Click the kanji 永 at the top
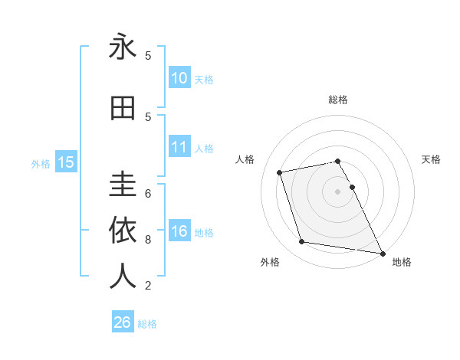click(x=123, y=47)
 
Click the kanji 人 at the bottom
click(x=123, y=276)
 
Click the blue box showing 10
click(x=179, y=78)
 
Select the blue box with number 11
click(x=179, y=148)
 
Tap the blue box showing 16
click(x=179, y=232)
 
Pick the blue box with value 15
click(x=65, y=162)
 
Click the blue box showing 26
click(x=122, y=322)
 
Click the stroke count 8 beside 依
click(x=148, y=240)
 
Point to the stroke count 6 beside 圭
click(x=148, y=193)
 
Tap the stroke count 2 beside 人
click(x=148, y=286)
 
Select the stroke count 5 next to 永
click(x=148, y=55)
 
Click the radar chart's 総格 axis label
click(x=338, y=100)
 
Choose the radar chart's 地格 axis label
click(x=402, y=262)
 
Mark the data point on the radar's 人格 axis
click(x=280, y=172)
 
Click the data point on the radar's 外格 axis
click(x=302, y=242)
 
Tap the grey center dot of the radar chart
click(x=338, y=191)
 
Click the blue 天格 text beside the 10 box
click(x=204, y=79)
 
